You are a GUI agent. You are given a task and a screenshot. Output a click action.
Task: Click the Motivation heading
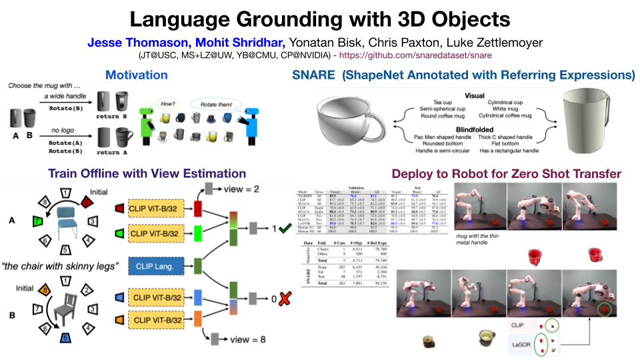coord(136,75)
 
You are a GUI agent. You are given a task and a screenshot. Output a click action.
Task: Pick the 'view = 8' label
coord(247,339)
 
